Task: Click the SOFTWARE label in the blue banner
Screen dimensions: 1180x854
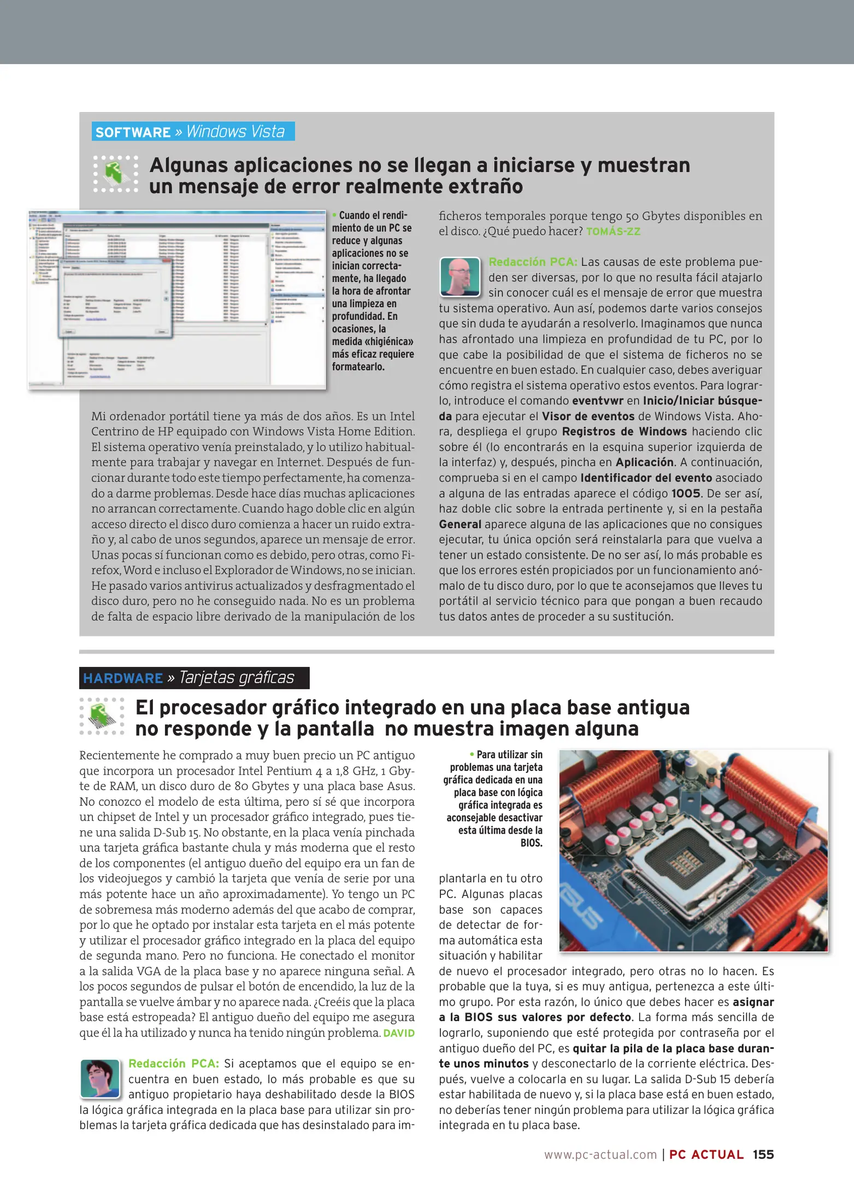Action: tap(133, 132)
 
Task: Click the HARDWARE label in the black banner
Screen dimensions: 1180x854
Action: tap(123, 678)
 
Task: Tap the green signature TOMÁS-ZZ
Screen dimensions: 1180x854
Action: tap(613, 232)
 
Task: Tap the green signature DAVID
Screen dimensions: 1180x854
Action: tap(399, 1033)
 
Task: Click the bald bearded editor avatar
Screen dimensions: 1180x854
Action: tap(460, 276)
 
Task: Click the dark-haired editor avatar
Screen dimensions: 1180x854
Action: tap(100, 1078)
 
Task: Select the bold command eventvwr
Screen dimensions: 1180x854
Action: tap(598, 400)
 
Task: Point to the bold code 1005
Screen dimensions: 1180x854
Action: tap(686, 493)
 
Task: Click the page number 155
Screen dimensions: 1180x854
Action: tap(763, 1154)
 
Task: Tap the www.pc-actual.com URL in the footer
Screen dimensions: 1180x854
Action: tap(600, 1154)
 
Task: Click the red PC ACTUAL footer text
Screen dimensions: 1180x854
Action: tap(706, 1154)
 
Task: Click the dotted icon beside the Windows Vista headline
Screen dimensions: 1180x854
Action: tap(116, 174)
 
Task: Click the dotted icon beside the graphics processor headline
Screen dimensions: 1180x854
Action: tap(102, 716)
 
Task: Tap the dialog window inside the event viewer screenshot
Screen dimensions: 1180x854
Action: tap(115, 297)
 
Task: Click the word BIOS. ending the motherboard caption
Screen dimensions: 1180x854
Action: tap(531, 843)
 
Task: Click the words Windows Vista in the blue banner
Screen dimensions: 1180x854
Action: tap(235, 132)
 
